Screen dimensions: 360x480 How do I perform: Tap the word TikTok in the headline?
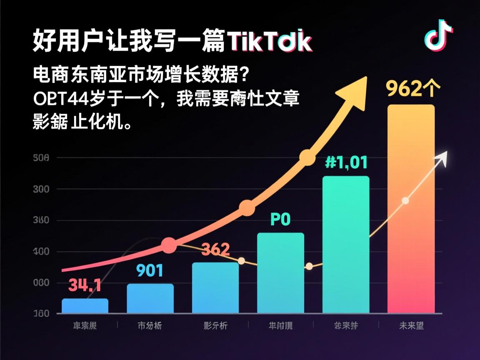coord(269,41)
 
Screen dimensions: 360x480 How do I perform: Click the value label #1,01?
coord(346,162)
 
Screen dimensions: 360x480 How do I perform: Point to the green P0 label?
coord(280,219)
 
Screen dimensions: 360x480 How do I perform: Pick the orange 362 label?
coord(215,250)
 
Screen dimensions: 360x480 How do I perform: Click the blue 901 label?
coord(150,271)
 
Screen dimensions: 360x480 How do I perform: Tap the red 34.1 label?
coord(85,285)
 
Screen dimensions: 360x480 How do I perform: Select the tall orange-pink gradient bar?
coord(411,208)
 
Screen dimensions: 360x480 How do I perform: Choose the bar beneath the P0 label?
coord(280,273)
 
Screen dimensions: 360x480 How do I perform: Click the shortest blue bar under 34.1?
coord(85,306)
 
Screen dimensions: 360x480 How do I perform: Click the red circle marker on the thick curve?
coord(169,246)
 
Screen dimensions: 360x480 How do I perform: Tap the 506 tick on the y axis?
coord(41,158)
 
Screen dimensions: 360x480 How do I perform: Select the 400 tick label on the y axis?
coord(41,252)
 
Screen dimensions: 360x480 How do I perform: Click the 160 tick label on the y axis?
coord(41,314)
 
